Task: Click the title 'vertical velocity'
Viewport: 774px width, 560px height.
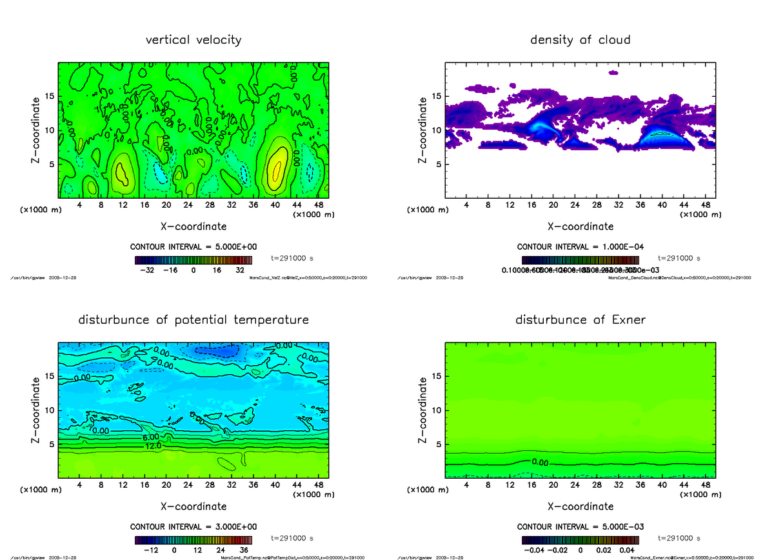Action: click(x=193, y=40)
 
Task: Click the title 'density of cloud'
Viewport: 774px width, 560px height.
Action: click(x=580, y=40)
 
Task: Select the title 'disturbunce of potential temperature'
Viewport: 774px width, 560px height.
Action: click(x=193, y=320)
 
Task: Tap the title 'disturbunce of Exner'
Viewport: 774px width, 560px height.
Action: click(x=580, y=320)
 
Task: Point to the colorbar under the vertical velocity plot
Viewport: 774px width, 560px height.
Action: click(x=193, y=260)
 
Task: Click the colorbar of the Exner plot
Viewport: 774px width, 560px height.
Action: click(x=580, y=540)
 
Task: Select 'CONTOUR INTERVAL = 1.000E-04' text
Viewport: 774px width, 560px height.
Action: click(x=580, y=247)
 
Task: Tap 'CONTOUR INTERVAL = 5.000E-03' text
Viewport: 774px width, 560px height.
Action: click(x=580, y=527)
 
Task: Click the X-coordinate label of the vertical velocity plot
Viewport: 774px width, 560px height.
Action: click(x=193, y=226)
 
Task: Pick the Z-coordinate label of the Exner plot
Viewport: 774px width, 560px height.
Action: click(x=423, y=411)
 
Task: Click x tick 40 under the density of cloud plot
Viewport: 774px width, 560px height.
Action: click(x=662, y=205)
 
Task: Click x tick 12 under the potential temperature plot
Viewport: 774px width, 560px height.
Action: click(x=123, y=485)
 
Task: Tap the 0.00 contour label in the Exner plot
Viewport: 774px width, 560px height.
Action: click(x=539, y=462)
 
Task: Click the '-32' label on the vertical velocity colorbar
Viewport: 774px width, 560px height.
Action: click(x=146, y=270)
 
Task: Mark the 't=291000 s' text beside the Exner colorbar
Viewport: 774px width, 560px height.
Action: click(x=679, y=538)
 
